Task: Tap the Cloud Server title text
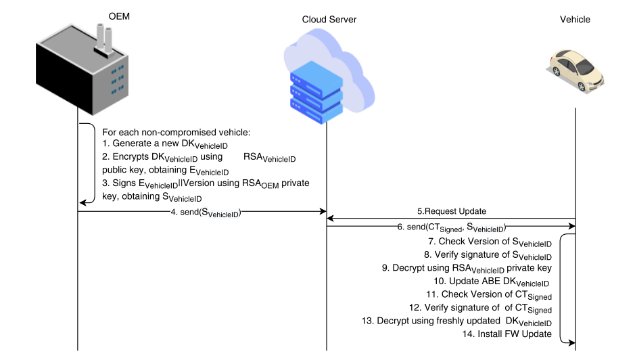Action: click(x=329, y=20)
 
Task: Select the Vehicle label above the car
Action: click(x=575, y=20)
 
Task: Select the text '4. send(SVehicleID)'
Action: click(x=206, y=212)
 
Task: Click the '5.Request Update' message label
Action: click(x=450, y=210)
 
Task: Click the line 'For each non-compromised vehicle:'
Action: click(x=175, y=132)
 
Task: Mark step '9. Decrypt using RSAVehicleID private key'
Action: click(x=467, y=269)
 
